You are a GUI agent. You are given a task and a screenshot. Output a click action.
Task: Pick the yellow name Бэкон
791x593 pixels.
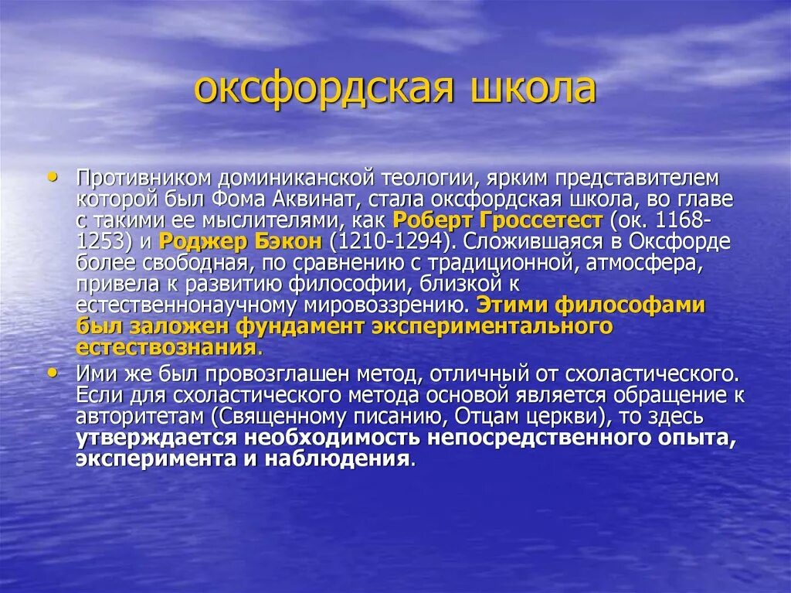[x=280, y=241]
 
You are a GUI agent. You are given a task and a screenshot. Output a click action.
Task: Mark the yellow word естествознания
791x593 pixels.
[x=165, y=347]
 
